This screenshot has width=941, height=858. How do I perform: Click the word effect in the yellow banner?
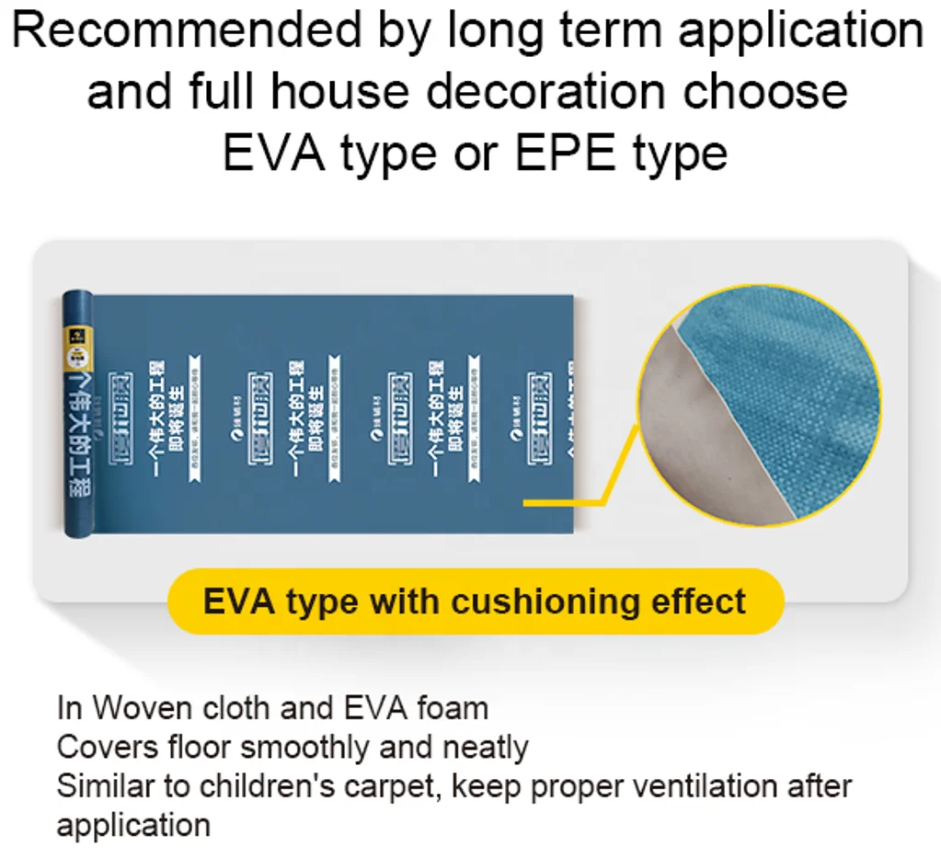coord(698,601)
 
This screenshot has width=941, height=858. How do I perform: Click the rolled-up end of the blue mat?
coord(77,414)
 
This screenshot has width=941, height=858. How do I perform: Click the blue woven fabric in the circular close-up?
coord(791,395)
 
